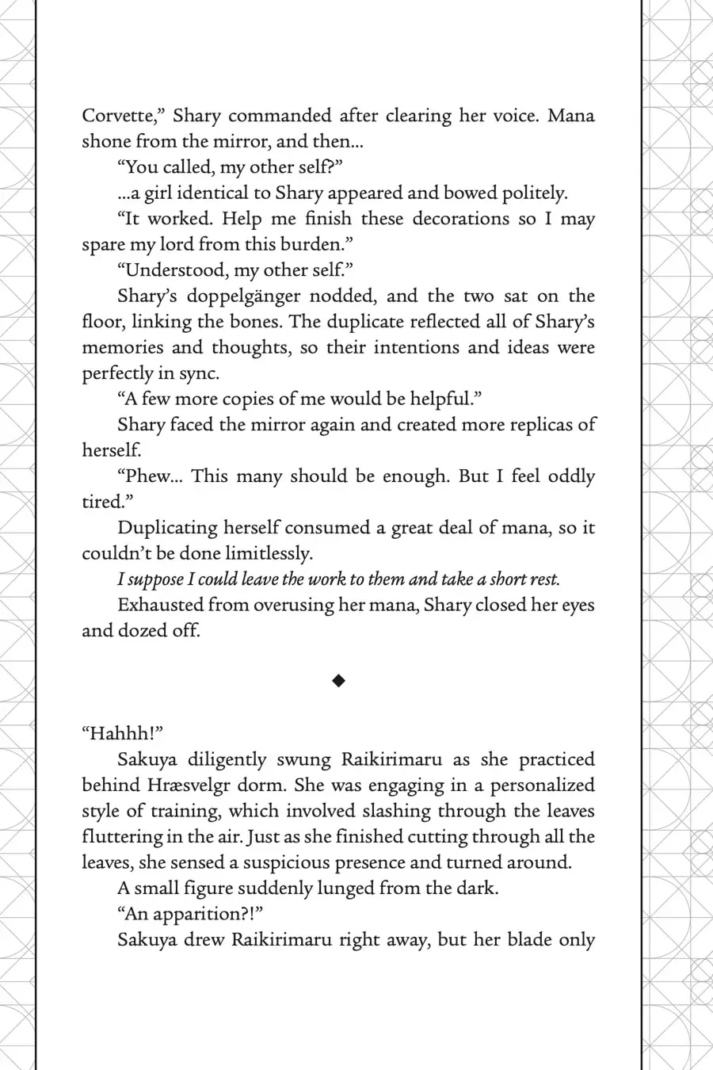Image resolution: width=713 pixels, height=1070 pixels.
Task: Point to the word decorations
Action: pos(460,219)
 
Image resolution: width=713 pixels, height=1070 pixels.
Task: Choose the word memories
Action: pos(122,347)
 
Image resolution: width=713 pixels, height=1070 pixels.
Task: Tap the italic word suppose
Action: pos(161,579)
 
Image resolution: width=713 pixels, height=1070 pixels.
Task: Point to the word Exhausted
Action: pos(159,605)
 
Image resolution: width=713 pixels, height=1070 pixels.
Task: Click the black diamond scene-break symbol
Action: pos(338,680)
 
